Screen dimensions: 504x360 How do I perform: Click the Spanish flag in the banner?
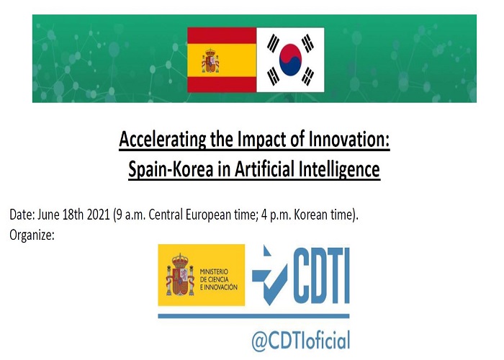[222, 60]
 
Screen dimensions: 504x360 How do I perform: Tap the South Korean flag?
[290, 60]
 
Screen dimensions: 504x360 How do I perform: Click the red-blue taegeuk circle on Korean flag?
[290, 60]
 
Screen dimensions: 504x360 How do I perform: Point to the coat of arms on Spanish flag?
[210, 60]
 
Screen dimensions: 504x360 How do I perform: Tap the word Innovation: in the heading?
[349, 139]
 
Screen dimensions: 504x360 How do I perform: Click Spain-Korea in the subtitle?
[171, 168]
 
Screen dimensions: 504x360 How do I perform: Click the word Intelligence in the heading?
[339, 168]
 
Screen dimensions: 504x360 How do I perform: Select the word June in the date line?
[48, 215]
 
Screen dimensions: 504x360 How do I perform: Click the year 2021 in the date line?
[99, 215]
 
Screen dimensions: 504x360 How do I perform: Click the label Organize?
[32, 235]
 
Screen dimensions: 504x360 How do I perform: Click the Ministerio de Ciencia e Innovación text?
[219, 279]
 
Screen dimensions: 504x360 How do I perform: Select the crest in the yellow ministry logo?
[180, 275]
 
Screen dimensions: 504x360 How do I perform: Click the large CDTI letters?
[321, 276]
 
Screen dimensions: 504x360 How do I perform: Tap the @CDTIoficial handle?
[301, 340]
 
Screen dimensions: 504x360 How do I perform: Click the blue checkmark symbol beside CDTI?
[269, 276]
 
